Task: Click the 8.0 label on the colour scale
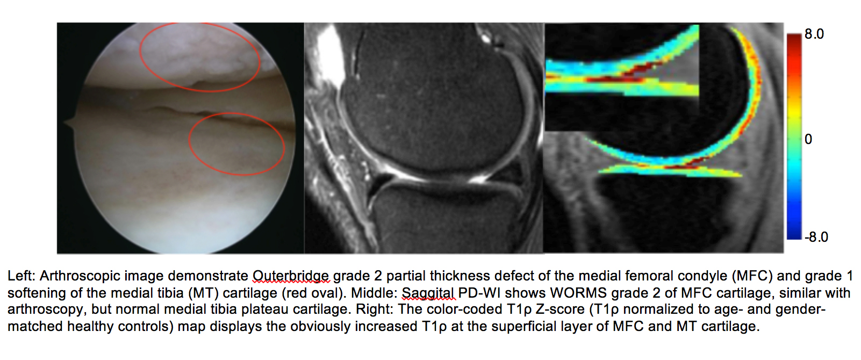[x=814, y=34]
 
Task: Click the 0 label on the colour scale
[x=808, y=139]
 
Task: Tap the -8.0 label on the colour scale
[x=816, y=236]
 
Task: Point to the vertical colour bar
[x=794, y=136]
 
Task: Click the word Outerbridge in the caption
[x=291, y=276]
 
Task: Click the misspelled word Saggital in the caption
[x=428, y=293]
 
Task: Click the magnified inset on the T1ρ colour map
[x=621, y=77]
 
